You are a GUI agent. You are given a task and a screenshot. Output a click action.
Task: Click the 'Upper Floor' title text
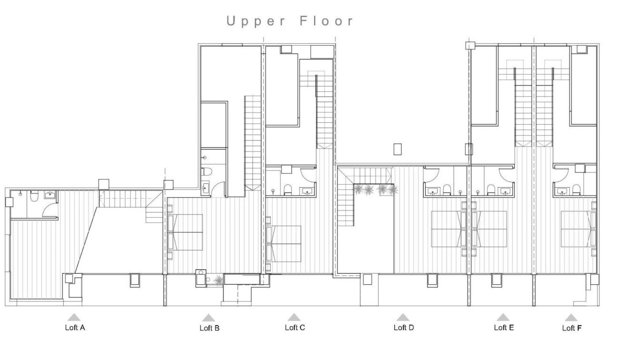tap(289, 21)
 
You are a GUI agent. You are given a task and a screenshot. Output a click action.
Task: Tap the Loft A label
tap(75, 328)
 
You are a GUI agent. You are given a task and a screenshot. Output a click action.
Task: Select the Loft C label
tap(295, 328)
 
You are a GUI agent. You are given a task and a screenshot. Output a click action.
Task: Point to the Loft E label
tap(504, 328)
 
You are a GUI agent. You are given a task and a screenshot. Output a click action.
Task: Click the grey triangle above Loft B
tap(208, 318)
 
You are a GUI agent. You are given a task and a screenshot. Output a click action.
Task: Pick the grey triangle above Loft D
tap(403, 317)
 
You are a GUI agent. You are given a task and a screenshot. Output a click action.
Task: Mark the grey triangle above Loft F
tap(570, 317)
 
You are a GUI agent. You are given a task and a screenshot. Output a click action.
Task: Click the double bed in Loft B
tap(187, 232)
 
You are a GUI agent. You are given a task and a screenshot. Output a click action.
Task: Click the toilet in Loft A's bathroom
tap(34, 196)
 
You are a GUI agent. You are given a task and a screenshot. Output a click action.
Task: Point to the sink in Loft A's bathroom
tap(50, 194)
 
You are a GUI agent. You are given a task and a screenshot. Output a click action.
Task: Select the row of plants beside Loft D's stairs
tap(375, 190)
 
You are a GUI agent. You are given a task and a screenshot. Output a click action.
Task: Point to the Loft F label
tap(571, 328)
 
